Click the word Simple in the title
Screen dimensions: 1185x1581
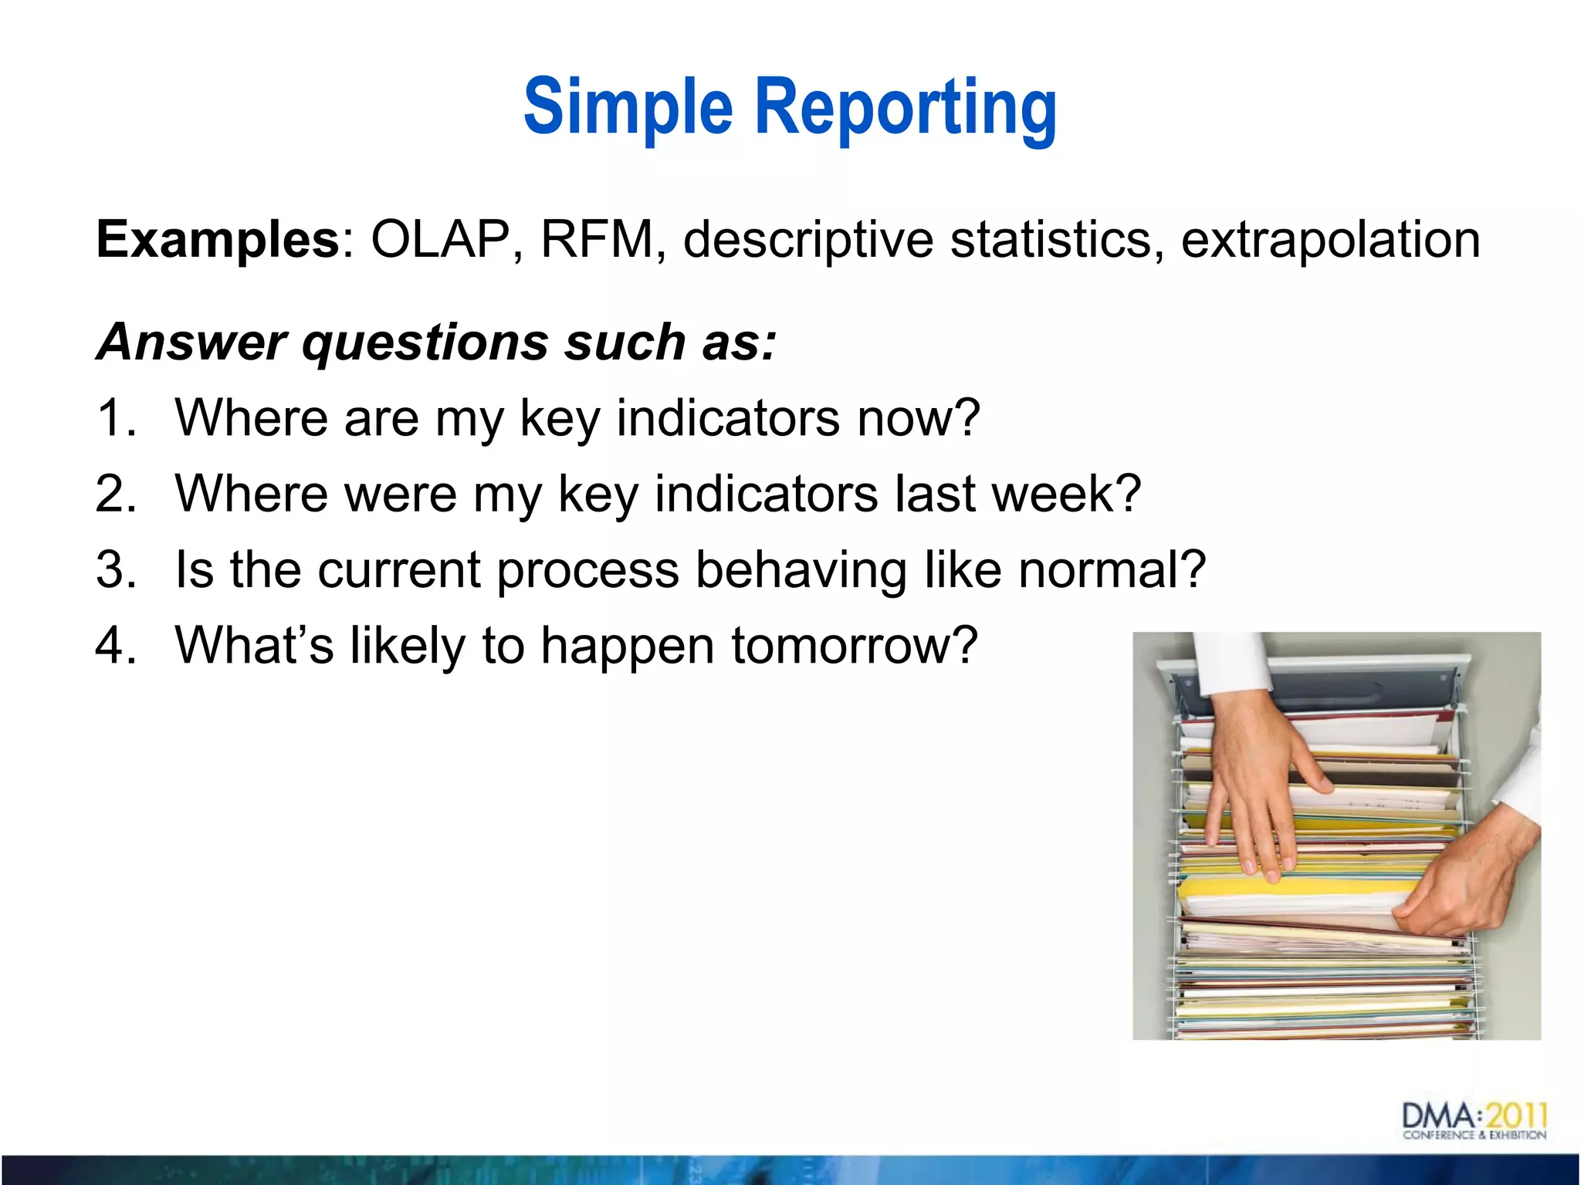click(x=628, y=107)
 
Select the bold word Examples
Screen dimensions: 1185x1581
click(x=217, y=239)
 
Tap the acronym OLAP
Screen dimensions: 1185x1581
click(x=440, y=239)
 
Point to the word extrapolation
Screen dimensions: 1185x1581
click(x=1330, y=241)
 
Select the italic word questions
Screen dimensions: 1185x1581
click(x=425, y=343)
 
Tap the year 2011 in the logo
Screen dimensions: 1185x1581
click(x=1516, y=1116)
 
